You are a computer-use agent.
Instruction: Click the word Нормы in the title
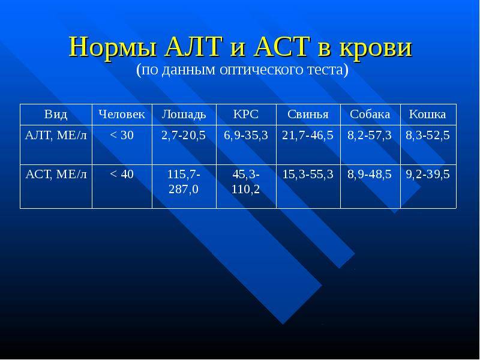[112, 47]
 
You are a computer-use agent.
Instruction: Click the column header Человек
[122, 114]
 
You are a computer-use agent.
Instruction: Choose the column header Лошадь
[184, 114]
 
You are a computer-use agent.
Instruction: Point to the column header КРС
[246, 114]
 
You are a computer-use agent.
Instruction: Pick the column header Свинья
[308, 114]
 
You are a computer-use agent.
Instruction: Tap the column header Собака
[370, 114]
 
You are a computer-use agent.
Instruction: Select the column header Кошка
[428, 114]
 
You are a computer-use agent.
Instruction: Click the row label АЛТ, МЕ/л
[56, 136]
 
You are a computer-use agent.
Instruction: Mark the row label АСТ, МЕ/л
[56, 175]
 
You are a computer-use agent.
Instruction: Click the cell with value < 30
[122, 135]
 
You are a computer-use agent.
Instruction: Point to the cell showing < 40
[122, 174]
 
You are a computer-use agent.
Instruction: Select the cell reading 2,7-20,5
[184, 136]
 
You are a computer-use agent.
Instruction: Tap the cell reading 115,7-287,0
[184, 182]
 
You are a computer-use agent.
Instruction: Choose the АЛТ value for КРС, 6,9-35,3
[246, 136]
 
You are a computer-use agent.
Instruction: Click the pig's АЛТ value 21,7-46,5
[308, 136]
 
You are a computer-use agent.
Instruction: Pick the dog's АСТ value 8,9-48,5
[370, 175]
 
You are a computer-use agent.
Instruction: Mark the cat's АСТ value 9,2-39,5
[428, 175]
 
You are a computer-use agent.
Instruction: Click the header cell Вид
[56, 114]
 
